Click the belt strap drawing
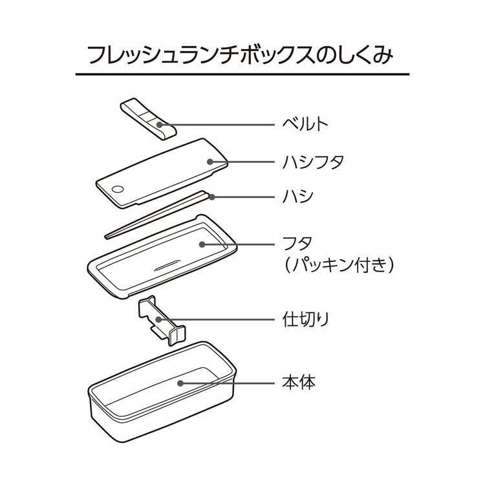click(x=149, y=118)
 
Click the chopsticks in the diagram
click(x=155, y=215)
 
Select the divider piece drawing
click(x=160, y=320)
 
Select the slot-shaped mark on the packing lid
click(x=167, y=265)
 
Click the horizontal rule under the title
click(x=242, y=75)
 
